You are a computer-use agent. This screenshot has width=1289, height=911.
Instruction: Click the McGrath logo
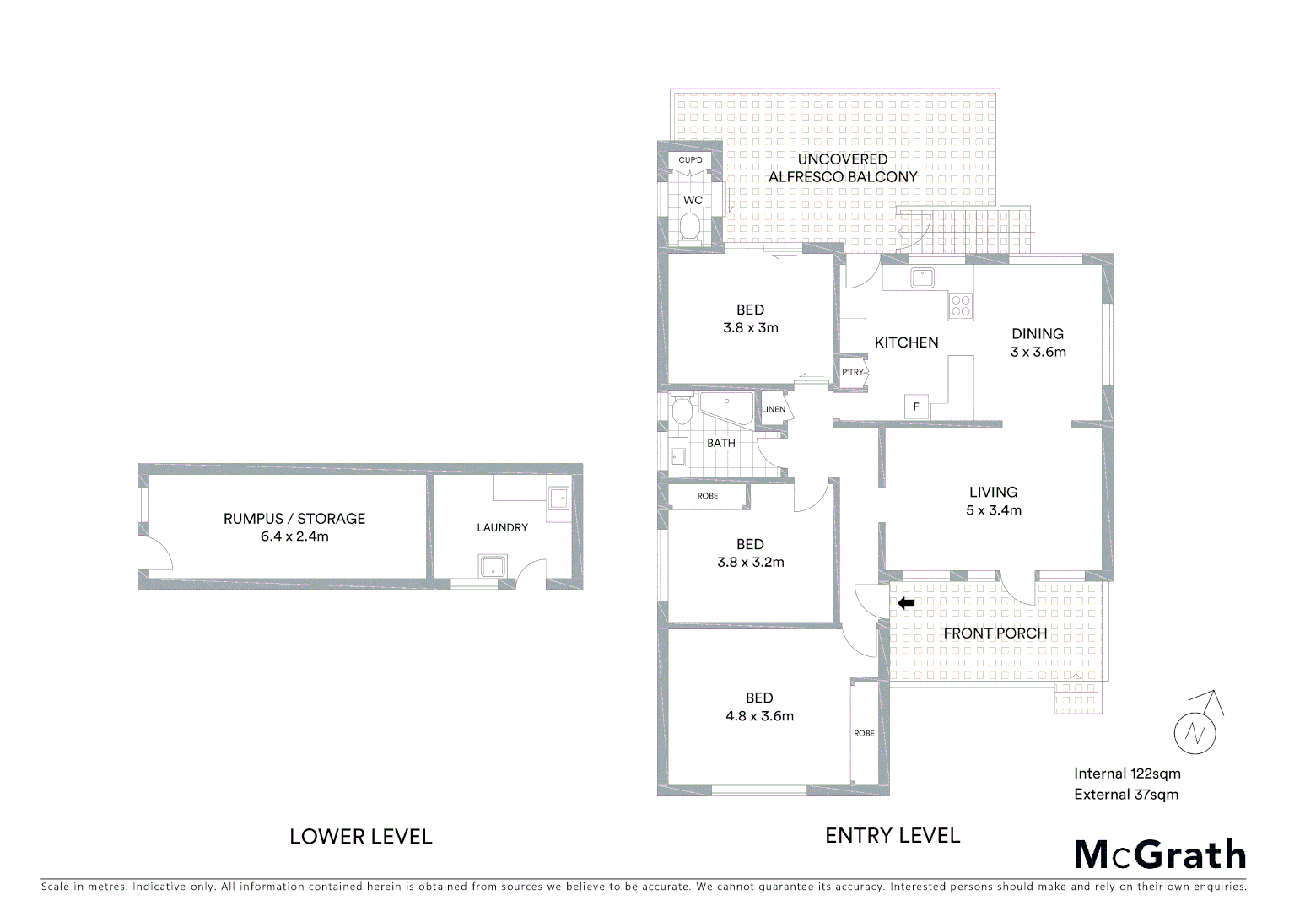point(1160,854)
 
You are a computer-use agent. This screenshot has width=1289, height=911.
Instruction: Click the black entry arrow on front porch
point(906,603)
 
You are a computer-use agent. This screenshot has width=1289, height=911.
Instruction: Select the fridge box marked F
point(916,407)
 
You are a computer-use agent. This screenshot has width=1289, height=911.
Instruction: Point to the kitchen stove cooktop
point(961,305)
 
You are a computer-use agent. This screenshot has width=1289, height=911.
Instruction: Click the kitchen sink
point(922,277)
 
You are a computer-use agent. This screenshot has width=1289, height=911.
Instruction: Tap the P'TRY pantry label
point(853,372)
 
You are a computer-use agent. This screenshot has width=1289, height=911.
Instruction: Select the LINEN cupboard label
point(774,409)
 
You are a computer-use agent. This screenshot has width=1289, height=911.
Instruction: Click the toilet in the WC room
point(690,228)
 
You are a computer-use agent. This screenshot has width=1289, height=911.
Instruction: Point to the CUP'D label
point(690,160)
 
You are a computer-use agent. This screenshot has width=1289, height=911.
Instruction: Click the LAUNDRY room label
point(502,528)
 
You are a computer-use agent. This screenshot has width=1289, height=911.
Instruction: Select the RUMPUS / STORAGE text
point(294,519)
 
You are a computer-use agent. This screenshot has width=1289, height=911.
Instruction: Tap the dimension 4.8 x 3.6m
point(759,716)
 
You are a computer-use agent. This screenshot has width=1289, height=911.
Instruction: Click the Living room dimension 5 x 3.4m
point(993,510)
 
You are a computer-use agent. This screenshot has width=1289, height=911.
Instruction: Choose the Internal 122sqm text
point(1127,774)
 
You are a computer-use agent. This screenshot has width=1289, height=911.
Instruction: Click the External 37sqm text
point(1126,795)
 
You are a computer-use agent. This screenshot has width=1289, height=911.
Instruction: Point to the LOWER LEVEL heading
point(360,837)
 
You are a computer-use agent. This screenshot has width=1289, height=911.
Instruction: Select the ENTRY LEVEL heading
point(893,836)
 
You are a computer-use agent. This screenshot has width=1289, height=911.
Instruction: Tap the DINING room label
point(1038,334)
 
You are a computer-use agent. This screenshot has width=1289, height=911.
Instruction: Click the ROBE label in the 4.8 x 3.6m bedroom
point(864,733)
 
